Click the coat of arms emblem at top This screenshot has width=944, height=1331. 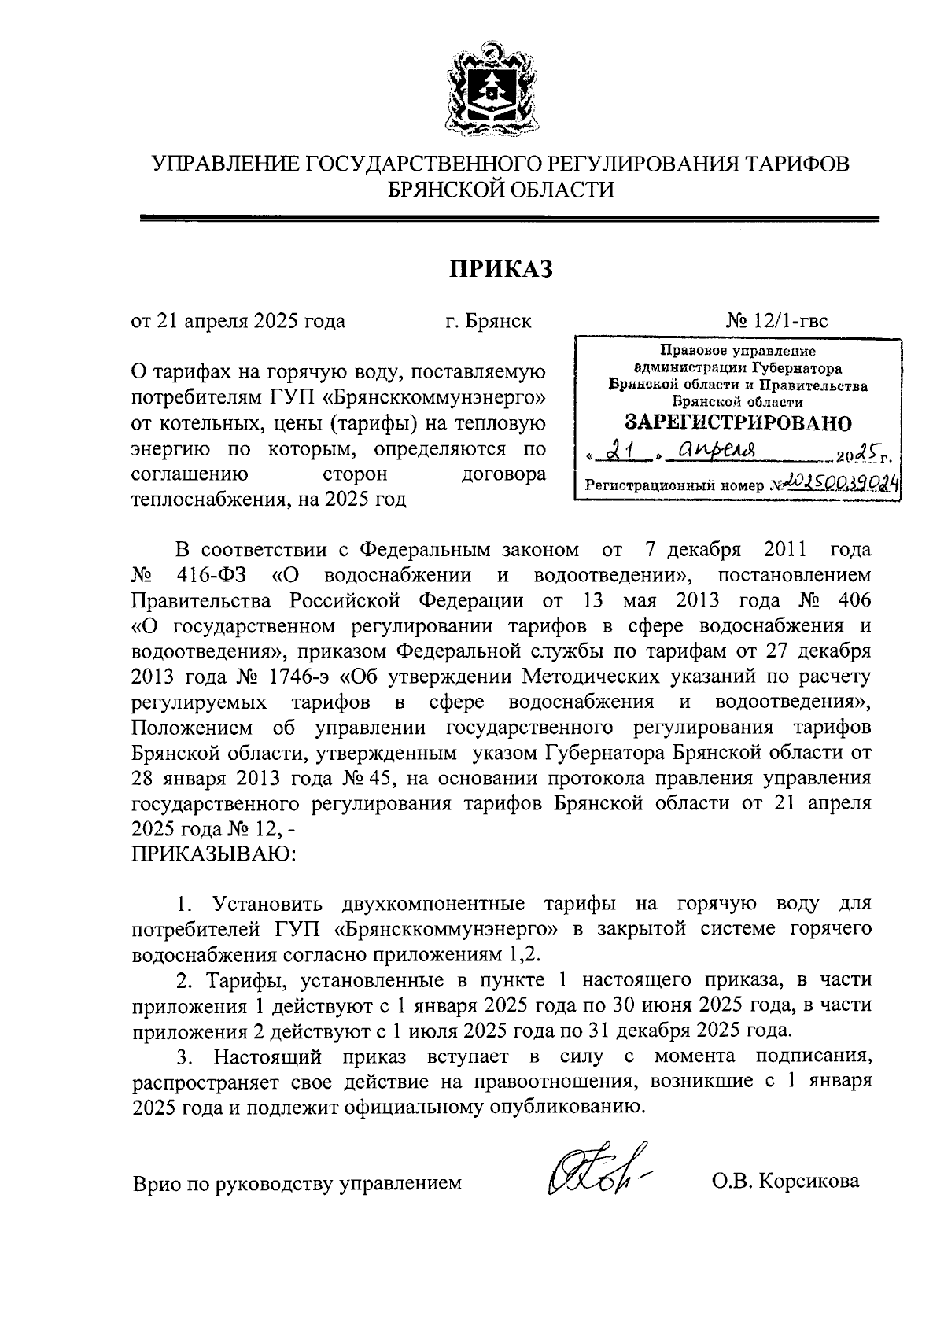(x=488, y=93)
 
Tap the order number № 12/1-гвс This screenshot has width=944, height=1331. (x=776, y=321)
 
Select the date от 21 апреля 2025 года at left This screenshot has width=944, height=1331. (x=238, y=321)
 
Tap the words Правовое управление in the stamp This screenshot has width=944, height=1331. (x=738, y=352)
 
